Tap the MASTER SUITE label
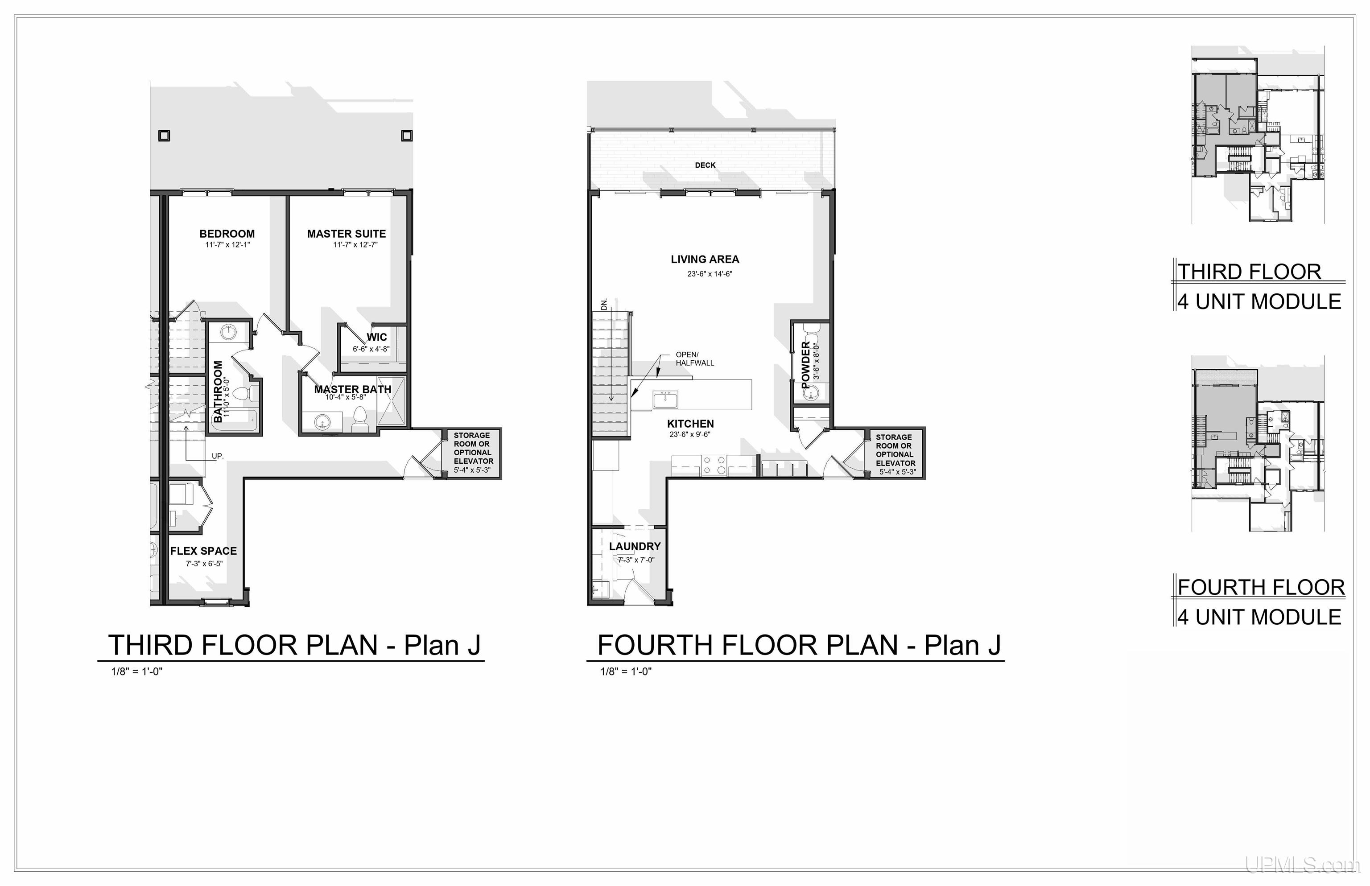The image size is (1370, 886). pyautogui.click(x=347, y=234)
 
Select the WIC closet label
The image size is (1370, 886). pyautogui.click(x=377, y=337)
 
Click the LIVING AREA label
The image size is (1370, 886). pyautogui.click(x=705, y=260)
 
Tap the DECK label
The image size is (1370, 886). pyautogui.click(x=706, y=165)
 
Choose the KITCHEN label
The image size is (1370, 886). pyautogui.click(x=690, y=424)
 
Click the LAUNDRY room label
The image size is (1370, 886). pyautogui.click(x=635, y=546)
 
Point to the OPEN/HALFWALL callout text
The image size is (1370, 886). pyautogui.click(x=694, y=359)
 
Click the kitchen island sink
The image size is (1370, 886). pyautogui.click(x=665, y=399)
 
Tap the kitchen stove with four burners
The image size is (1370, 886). pyautogui.click(x=714, y=465)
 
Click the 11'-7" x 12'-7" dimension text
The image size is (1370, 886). pyautogui.click(x=355, y=244)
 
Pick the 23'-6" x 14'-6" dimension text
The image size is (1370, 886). pyautogui.click(x=710, y=274)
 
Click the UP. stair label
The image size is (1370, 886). pyautogui.click(x=218, y=456)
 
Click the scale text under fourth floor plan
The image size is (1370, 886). pyautogui.click(x=626, y=672)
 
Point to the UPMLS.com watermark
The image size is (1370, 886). pyautogui.click(x=1302, y=865)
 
